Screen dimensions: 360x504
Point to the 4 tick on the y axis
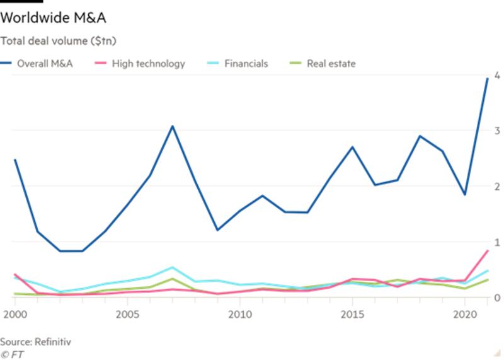tap(497, 75)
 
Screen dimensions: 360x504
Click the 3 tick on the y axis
tap(497, 131)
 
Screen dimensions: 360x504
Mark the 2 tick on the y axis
tap(497, 187)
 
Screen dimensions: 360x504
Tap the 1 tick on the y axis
tap(497, 242)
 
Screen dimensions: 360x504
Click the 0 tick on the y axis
tap(497, 298)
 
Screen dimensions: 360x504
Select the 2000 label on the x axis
tap(14, 313)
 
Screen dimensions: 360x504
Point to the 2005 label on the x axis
tap(127, 313)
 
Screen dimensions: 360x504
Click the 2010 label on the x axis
tap(239, 313)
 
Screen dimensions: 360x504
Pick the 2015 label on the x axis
tap(352, 313)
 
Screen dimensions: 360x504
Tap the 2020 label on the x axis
tap(464, 313)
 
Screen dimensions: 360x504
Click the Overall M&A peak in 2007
tap(172, 126)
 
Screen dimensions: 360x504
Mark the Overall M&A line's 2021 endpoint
tap(487, 78)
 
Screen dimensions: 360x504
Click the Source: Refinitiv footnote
tap(36, 342)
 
